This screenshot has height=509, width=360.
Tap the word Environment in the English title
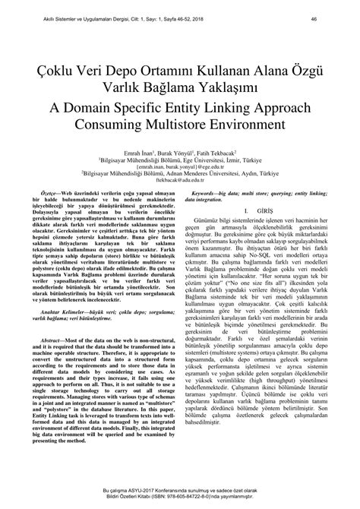[282, 122]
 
